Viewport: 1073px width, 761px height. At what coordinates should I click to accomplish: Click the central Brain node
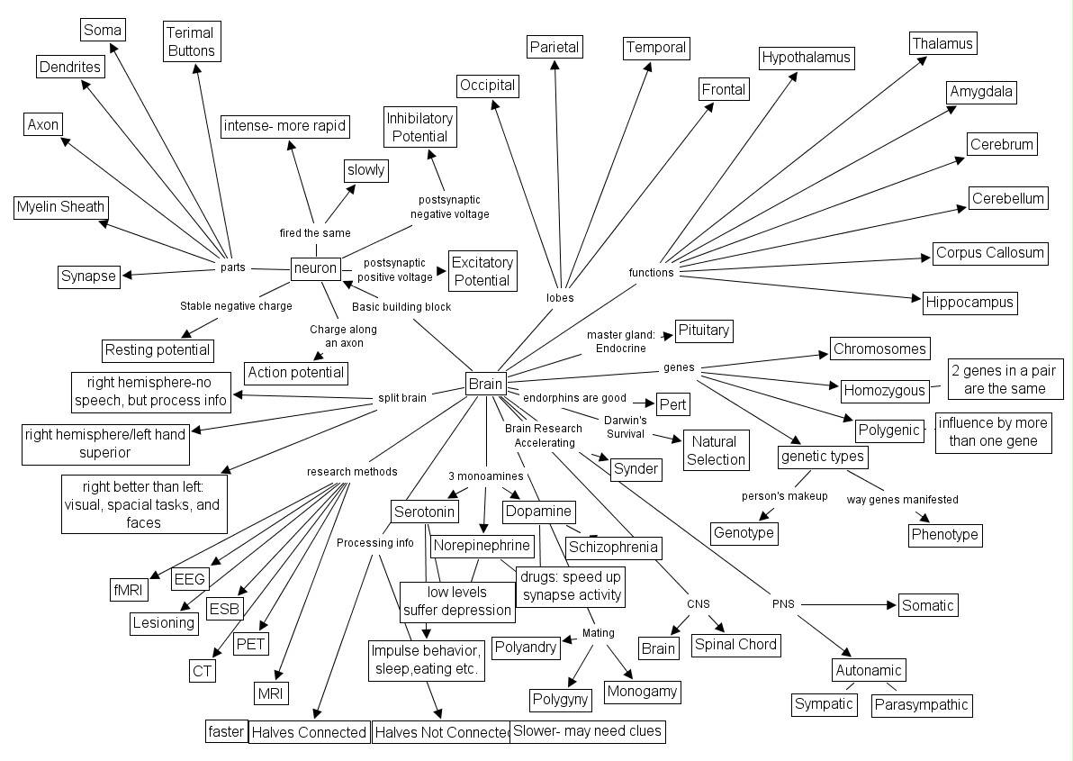485,385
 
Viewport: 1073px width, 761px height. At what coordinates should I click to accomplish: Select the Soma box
102,31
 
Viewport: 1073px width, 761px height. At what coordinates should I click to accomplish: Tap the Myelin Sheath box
61,207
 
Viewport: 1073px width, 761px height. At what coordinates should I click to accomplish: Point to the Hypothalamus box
806,59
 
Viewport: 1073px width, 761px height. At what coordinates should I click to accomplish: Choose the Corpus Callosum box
989,253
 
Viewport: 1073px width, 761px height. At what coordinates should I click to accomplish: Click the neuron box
315,267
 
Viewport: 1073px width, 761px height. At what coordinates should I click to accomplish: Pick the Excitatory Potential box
482,271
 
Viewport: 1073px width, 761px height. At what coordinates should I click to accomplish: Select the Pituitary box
703,331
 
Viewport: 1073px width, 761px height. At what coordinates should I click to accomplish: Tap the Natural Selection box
716,450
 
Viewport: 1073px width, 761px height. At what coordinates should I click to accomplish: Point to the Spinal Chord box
735,644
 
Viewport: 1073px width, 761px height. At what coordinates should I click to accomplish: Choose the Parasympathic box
921,704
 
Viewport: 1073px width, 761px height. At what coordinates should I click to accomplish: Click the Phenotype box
943,534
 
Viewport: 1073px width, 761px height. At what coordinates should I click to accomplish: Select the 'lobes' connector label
560,297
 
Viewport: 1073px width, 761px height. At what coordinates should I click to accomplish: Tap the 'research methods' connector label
351,471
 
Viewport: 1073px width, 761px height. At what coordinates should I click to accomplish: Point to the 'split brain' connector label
402,398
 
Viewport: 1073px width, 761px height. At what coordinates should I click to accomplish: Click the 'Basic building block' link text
401,307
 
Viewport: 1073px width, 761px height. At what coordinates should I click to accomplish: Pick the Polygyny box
559,699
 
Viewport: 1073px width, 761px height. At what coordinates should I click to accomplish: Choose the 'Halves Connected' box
309,732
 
